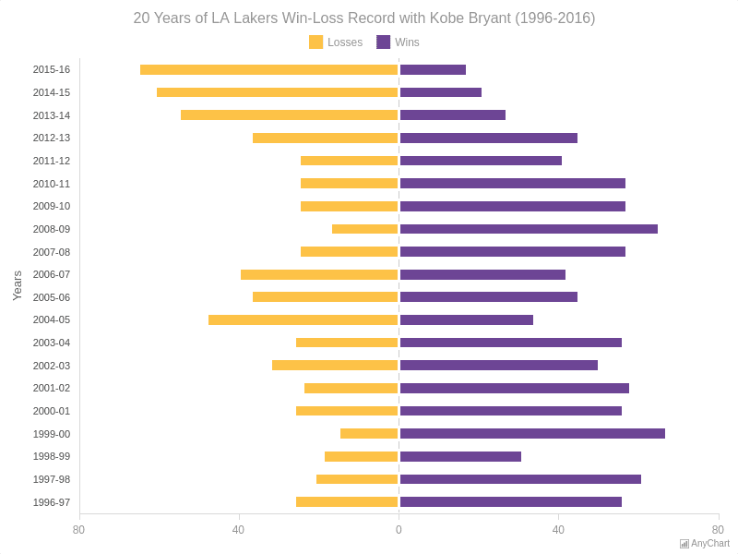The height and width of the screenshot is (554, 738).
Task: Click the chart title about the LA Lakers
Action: pyautogui.click(x=363, y=18)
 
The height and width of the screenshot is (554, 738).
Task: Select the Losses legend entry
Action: pyautogui.click(x=336, y=42)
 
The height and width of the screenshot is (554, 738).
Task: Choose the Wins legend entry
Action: pyautogui.click(x=398, y=42)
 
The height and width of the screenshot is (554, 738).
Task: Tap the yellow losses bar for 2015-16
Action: pyautogui.click(x=268, y=70)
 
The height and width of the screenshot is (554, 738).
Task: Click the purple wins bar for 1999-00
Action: pyautogui.click(x=532, y=434)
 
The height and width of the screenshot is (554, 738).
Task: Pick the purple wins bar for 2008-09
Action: pyautogui.click(x=529, y=229)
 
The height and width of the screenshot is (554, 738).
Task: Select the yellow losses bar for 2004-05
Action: pyautogui.click(x=303, y=320)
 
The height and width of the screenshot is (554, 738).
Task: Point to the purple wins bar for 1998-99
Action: pyautogui.click(x=460, y=457)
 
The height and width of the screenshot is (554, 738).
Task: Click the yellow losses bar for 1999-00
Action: pyautogui.click(x=369, y=434)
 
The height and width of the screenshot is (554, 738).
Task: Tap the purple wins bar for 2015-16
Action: pyautogui.click(x=433, y=70)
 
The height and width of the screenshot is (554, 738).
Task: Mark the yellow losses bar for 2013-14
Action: pyautogui.click(x=289, y=115)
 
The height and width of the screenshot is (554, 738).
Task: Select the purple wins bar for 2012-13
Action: pyautogui.click(x=489, y=138)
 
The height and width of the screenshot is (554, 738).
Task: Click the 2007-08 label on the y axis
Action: pyautogui.click(x=51, y=252)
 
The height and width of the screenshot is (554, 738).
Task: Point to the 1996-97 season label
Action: pyautogui.click(x=51, y=502)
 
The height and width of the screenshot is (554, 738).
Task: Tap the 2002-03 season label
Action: pyautogui.click(x=51, y=366)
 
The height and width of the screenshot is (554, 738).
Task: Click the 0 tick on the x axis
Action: pyautogui.click(x=399, y=530)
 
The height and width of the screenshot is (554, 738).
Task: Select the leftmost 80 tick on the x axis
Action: pyautogui.click(x=79, y=530)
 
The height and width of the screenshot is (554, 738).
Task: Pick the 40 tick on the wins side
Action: pyautogui.click(x=558, y=530)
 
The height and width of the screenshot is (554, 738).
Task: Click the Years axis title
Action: pyautogui.click(x=17, y=286)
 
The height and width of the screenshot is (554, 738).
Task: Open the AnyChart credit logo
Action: pyautogui.click(x=705, y=544)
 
